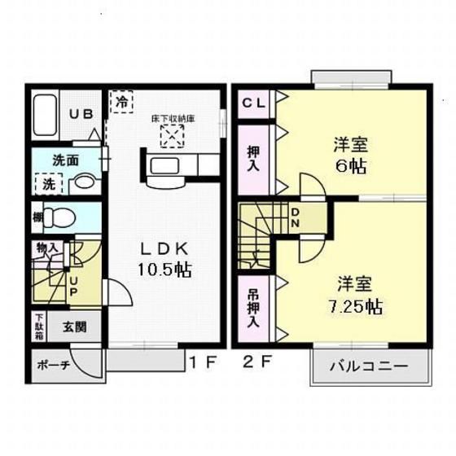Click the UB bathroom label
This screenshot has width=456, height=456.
point(80,115)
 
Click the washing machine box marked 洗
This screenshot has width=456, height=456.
point(47,184)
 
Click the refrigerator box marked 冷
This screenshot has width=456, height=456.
point(122,103)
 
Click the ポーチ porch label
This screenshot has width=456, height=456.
point(52,366)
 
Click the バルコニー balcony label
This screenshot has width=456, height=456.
point(368,366)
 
